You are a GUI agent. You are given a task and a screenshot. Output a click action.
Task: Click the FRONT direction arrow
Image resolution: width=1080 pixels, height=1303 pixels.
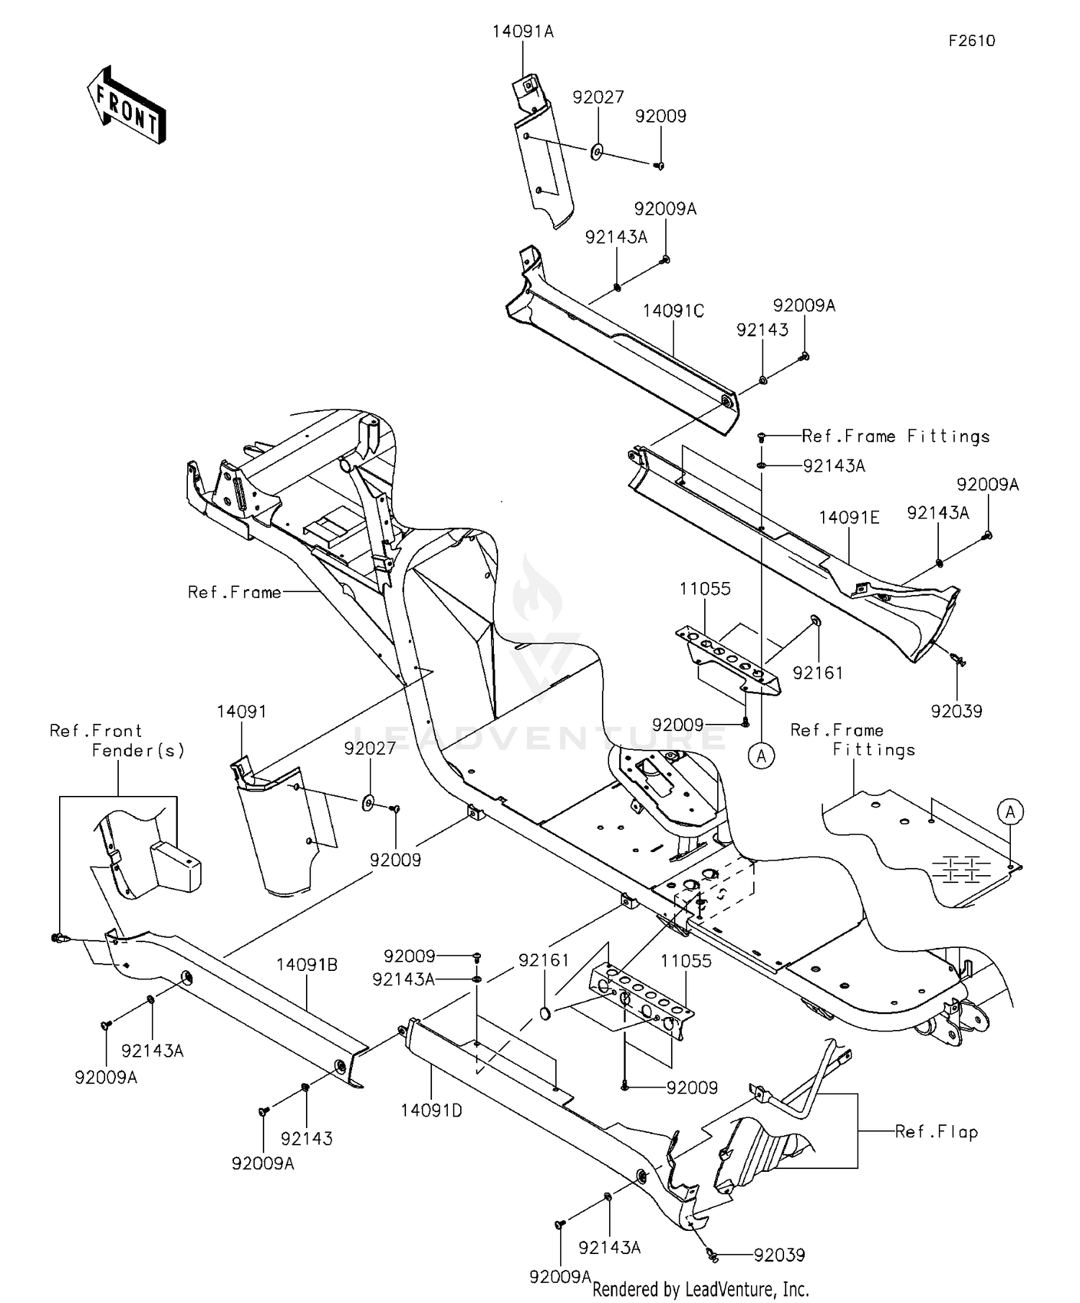(127, 106)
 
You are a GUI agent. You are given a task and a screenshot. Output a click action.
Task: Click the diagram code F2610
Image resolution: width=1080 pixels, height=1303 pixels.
(971, 41)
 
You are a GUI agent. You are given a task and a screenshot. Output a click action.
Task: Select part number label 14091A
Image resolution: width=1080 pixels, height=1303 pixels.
(523, 32)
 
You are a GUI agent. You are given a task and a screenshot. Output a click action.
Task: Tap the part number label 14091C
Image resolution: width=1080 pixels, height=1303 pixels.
(672, 311)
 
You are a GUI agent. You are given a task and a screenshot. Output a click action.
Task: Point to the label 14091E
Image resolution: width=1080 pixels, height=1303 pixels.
(849, 517)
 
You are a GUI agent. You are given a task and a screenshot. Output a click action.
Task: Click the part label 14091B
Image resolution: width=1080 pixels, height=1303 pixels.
(307, 964)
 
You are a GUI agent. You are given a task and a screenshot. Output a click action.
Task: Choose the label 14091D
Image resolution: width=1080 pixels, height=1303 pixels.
(431, 1111)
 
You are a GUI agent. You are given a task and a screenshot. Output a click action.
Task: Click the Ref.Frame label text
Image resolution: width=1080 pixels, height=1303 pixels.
(234, 592)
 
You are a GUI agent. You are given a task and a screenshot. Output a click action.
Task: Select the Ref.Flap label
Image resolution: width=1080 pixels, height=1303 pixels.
(936, 1132)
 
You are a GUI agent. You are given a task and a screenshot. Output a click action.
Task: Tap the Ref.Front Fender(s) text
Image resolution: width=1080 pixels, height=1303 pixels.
(117, 740)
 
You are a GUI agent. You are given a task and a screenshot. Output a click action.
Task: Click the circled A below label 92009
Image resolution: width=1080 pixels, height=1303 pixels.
(762, 756)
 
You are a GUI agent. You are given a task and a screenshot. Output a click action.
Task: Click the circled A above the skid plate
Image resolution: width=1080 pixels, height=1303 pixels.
(1010, 812)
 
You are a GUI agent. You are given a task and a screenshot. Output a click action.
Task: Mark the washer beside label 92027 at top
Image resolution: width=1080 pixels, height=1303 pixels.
(597, 153)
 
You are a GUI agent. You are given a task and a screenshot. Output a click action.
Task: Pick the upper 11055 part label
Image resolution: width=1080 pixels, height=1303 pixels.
(705, 589)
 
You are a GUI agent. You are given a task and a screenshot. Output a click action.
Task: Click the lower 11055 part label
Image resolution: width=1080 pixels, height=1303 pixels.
(685, 961)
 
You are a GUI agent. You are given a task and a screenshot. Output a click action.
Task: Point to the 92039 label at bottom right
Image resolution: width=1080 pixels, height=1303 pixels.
(779, 1255)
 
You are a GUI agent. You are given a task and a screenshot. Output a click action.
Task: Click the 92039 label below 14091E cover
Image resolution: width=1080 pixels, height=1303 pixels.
(956, 711)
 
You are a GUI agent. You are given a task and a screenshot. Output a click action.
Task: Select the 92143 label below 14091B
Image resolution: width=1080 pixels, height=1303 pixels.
(307, 1139)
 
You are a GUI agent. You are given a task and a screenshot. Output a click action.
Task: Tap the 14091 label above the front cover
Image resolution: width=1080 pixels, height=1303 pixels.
(241, 712)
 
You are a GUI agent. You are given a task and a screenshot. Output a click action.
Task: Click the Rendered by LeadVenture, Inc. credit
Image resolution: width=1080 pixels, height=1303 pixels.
(700, 1289)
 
